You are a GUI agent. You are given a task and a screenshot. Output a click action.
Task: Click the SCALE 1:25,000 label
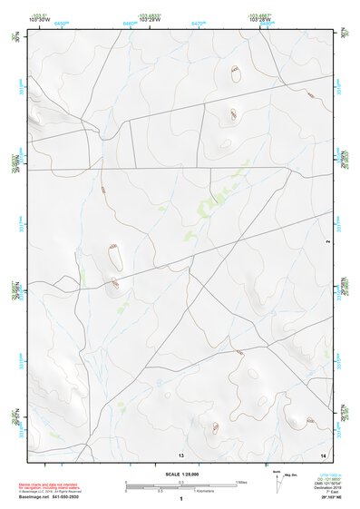click(181, 474)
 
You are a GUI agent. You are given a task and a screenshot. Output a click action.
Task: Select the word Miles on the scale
click(241, 481)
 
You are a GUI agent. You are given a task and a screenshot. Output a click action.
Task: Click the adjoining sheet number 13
click(181, 453)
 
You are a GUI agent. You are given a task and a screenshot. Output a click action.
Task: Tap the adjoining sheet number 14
click(323, 453)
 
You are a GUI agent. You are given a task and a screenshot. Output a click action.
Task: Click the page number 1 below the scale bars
click(181, 499)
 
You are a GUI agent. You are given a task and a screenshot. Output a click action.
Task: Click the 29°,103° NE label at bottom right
click(332, 499)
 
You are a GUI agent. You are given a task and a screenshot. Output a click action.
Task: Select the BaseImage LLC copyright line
click(46, 492)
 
